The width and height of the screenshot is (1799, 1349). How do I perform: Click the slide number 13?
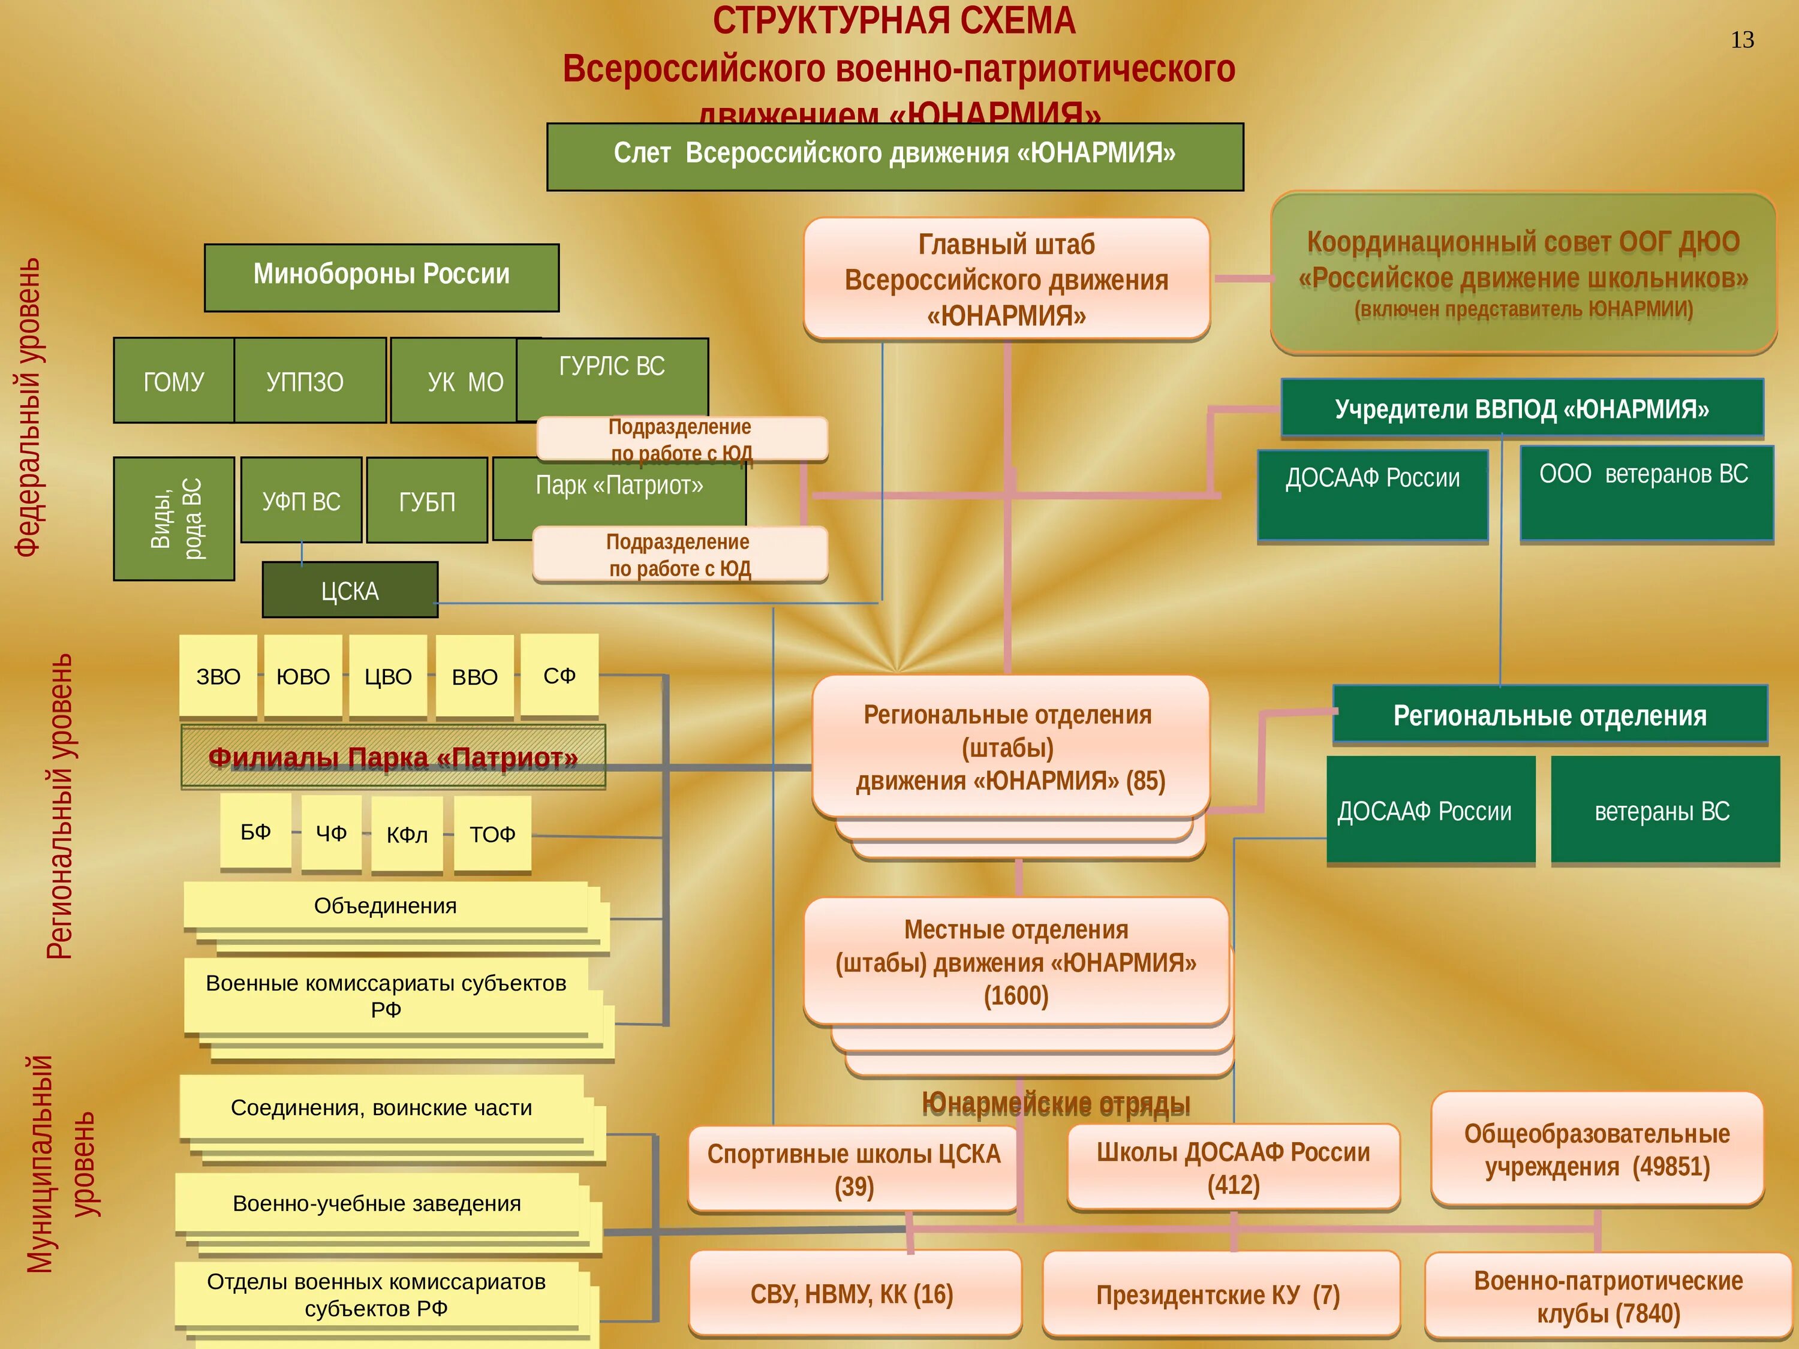[x=1741, y=41]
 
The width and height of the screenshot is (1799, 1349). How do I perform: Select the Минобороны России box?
[x=381, y=276]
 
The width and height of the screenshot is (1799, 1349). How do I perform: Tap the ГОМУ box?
[x=173, y=381]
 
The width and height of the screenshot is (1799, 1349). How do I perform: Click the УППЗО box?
[x=306, y=381]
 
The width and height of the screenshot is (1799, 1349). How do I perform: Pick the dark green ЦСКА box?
[x=350, y=591]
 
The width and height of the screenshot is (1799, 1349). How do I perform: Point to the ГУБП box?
[x=427, y=501]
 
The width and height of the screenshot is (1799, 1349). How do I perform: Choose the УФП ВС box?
[x=301, y=501]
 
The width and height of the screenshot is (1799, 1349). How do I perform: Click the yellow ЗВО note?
[x=218, y=676]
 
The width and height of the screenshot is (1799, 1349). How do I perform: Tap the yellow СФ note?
[x=559, y=675]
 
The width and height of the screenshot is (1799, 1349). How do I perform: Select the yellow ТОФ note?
[x=492, y=833]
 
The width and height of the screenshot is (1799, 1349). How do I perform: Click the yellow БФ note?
[x=255, y=831]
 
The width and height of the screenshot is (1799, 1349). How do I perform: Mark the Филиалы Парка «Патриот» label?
[x=393, y=758]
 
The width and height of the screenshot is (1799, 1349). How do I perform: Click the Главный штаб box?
[x=1006, y=279]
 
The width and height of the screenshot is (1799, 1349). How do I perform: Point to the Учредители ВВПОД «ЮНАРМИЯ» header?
[x=1522, y=408]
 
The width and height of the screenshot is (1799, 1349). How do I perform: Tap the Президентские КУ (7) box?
[x=1217, y=1294]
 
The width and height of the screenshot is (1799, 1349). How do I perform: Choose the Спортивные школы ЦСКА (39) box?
[x=853, y=1169]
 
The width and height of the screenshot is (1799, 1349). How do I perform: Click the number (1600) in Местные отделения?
[x=1016, y=996]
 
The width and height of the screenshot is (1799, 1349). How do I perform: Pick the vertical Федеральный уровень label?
[x=28, y=406]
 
